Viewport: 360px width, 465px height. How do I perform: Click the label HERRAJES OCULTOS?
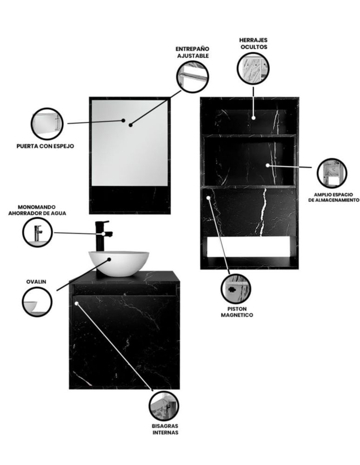(253, 43)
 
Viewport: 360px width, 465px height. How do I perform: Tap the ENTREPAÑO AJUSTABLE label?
(193, 52)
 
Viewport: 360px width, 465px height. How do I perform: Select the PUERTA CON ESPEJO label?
(45, 146)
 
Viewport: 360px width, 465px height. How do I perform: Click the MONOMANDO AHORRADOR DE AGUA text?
(37, 210)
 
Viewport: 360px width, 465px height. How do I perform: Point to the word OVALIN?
(36, 282)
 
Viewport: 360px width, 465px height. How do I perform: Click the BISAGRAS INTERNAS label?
(165, 429)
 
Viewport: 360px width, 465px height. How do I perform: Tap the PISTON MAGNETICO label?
(237, 312)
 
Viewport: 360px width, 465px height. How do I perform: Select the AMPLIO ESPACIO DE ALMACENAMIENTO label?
(333, 198)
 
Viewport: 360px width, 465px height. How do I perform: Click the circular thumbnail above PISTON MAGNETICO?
(236, 289)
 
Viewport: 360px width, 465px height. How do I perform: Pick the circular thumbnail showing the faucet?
(38, 232)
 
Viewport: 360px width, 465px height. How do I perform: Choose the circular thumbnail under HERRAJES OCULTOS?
(253, 68)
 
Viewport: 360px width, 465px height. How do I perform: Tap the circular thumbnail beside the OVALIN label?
(37, 302)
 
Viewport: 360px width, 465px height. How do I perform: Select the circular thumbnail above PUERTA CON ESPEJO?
(47, 124)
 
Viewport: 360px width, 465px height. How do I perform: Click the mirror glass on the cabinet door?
(130, 143)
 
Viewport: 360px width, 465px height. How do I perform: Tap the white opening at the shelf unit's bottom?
(248, 247)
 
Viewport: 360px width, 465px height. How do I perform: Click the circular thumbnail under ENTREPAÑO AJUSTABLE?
(193, 77)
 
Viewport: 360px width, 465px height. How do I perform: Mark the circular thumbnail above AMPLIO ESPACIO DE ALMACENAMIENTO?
(332, 173)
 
